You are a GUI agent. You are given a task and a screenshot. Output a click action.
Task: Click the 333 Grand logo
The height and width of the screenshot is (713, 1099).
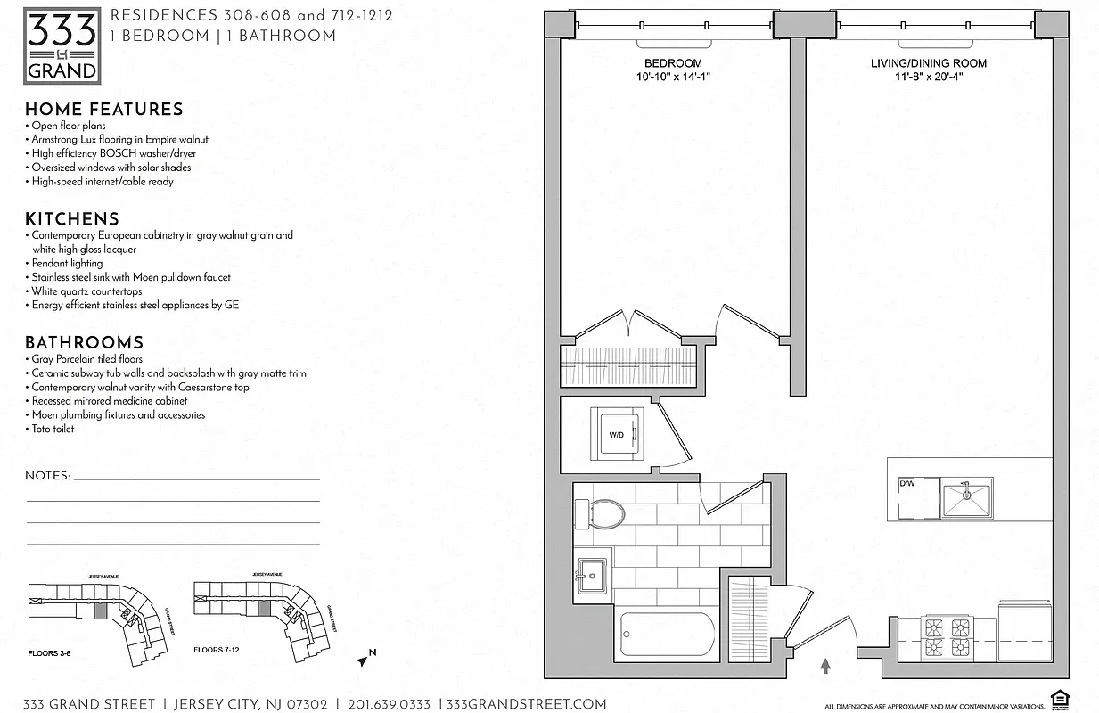[x=62, y=46]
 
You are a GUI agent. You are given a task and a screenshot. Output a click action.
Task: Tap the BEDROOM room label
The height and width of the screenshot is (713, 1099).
[x=673, y=63]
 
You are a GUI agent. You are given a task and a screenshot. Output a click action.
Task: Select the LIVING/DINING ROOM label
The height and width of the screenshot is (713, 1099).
[x=929, y=63]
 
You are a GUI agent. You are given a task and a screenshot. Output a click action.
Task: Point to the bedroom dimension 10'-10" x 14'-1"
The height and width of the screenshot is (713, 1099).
[x=673, y=77]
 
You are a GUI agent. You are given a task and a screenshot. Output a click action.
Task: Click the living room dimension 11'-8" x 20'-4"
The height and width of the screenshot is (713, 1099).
[x=929, y=77]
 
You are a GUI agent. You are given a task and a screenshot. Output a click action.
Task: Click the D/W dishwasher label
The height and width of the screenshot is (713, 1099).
[x=906, y=483]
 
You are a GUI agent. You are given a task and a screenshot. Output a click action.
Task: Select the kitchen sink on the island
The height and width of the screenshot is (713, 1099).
[x=966, y=497]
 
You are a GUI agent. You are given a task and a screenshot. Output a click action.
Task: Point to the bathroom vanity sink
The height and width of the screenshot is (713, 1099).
[x=592, y=576]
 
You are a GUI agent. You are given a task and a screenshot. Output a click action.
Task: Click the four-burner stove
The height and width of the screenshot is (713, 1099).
[x=947, y=637]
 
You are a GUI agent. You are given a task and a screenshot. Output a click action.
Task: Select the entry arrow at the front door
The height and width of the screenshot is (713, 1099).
[x=825, y=665]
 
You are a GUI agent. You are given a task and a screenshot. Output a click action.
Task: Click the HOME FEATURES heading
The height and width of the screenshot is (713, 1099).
[x=103, y=110]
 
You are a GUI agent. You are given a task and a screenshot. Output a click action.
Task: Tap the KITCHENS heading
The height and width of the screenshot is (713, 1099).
[x=71, y=219]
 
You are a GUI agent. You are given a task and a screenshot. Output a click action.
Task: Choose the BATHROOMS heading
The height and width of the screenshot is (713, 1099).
[x=84, y=343]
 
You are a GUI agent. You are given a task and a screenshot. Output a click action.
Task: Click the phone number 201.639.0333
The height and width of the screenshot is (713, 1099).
[x=388, y=704]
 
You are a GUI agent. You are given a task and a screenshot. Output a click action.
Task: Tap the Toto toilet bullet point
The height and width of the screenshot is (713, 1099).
[x=53, y=429]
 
